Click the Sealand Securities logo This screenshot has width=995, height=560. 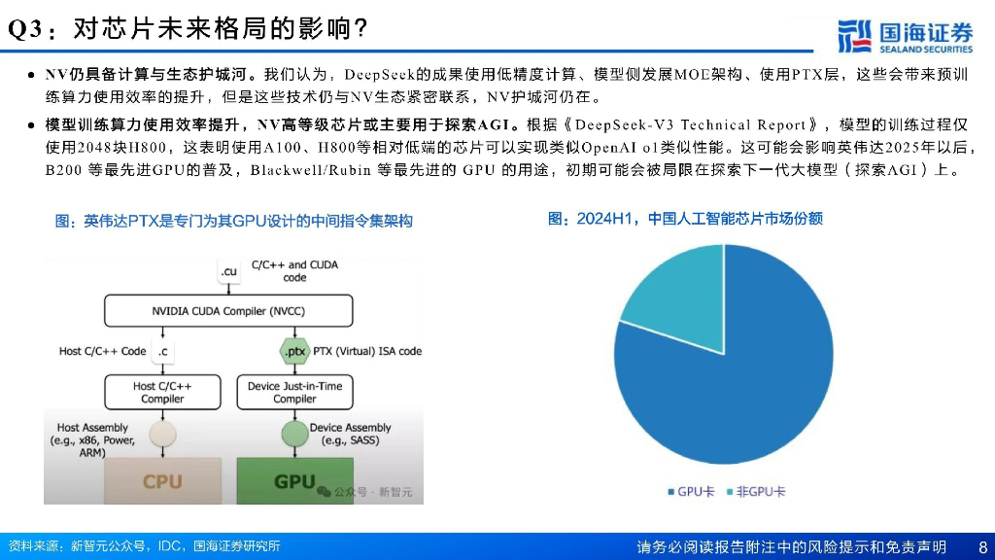[x=904, y=36]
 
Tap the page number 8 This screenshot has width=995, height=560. [x=982, y=546]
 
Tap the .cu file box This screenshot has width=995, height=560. [x=228, y=271]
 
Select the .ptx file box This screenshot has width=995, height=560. [x=292, y=351]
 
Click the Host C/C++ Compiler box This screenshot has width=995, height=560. [x=162, y=392]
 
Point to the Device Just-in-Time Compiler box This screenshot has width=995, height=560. [x=294, y=392]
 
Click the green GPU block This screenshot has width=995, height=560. [x=294, y=480]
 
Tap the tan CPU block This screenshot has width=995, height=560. [x=162, y=480]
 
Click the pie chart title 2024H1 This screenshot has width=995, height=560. [x=685, y=219]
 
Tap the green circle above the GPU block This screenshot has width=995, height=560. [x=293, y=434]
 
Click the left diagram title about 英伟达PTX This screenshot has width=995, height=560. [x=233, y=222]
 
